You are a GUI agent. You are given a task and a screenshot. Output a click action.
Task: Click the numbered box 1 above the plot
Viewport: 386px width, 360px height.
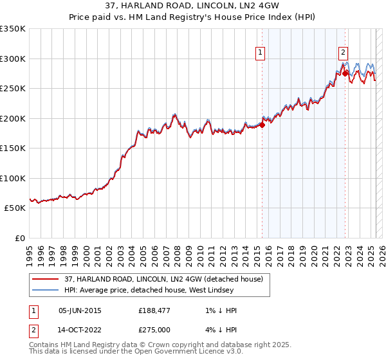(x=261, y=53)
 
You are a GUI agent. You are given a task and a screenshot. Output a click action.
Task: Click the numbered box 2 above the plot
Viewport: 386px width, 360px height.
(x=344, y=53)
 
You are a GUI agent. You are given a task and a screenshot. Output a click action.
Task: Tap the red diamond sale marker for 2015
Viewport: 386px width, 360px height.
(x=262, y=125)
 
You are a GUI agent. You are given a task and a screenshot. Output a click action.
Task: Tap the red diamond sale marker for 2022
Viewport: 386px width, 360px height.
(x=345, y=73)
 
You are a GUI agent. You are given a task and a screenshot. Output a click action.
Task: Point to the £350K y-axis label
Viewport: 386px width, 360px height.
(x=13, y=29)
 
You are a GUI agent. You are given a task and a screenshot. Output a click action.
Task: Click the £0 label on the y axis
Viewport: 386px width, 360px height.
(x=19, y=238)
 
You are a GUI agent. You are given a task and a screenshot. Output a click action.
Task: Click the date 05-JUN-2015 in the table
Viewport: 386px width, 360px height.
(x=80, y=310)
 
